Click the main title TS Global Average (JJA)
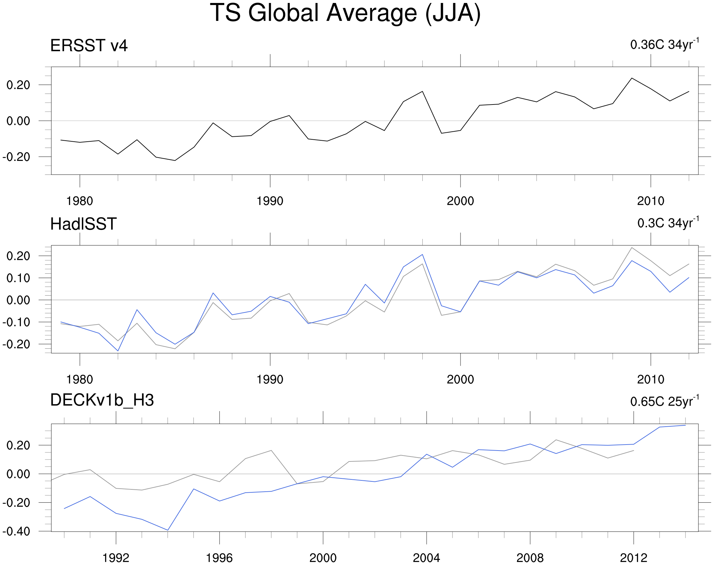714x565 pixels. click(345, 13)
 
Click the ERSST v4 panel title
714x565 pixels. click(89, 45)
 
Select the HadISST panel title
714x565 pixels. click(83, 224)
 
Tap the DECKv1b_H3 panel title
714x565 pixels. click(102, 400)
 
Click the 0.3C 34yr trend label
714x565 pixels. click(668, 223)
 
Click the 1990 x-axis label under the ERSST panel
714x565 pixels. click(270, 201)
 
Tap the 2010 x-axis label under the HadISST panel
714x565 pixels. click(650, 380)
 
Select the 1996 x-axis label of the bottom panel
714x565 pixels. click(219, 558)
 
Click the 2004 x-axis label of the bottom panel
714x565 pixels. click(426, 558)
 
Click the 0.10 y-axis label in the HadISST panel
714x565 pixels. click(18, 278)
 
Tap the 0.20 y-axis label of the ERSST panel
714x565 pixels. click(18, 85)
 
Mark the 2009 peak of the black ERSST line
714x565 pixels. click(631, 78)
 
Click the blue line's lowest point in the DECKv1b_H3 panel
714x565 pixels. click(168, 530)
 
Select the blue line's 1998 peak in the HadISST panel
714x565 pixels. click(422, 254)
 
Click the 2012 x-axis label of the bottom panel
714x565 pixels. click(633, 558)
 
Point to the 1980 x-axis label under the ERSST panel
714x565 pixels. click(80, 201)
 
